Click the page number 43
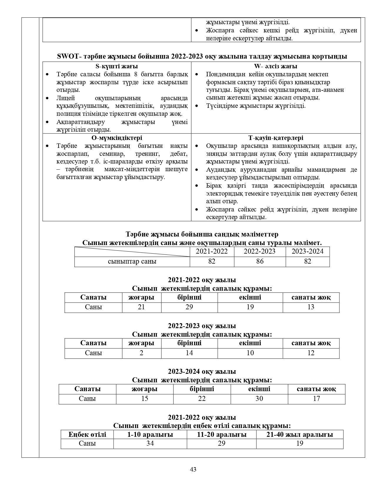[193, 469]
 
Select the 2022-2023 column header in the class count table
[260, 251]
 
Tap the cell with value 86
[260, 261]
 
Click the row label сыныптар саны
[132, 261]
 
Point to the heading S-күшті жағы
[117, 66]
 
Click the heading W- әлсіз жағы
[276, 66]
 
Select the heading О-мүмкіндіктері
[117, 138]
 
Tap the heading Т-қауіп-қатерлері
[276, 138]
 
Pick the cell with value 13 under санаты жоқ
[311, 307]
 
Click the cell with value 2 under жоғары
[141, 353]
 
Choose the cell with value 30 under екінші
[259, 399]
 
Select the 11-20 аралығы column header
[221, 434]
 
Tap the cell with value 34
[150, 443]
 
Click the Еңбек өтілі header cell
[87, 434]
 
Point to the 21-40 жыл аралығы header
[299, 434]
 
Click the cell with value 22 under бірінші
[202, 399]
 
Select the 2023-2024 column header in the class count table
[307, 251]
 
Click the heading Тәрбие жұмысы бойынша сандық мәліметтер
[202, 234]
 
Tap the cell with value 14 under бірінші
[189, 353]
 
